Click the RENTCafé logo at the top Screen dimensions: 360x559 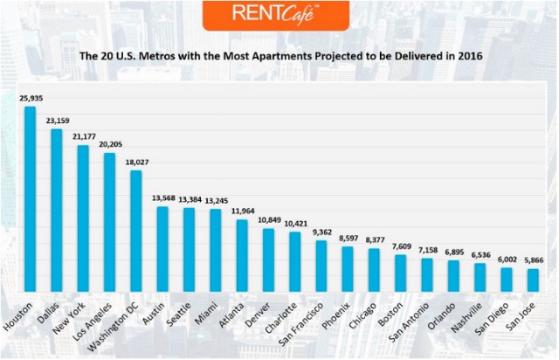click(279, 15)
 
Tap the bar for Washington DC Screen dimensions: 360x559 click(136, 232)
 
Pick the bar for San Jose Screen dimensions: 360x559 click(532, 280)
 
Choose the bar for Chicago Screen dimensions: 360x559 click(374, 270)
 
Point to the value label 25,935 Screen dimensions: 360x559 click(30, 99)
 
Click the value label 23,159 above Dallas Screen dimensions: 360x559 click(57, 121)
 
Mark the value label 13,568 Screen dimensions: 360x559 click(162, 198)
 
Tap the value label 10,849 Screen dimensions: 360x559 click(268, 220)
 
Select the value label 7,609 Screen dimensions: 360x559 click(400, 246)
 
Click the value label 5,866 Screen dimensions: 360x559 click(532, 260)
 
